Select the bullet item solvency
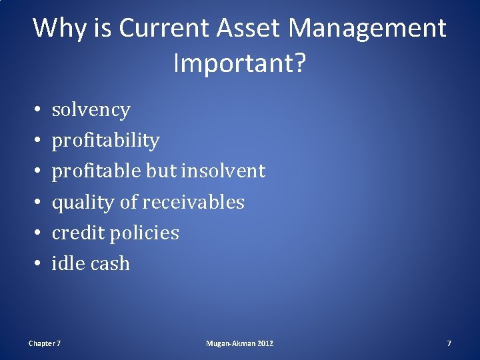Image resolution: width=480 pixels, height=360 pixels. tap(91, 110)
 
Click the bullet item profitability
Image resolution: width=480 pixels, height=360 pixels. tap(105, 141)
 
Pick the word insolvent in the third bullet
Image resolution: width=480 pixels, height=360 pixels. tap(223, 171)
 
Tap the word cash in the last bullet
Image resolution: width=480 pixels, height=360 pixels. tap(109, 263)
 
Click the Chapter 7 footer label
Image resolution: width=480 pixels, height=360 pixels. tap(45, 343)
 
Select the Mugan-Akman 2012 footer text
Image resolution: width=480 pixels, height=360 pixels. tap(239, 343)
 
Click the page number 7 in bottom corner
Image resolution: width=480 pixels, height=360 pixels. tap(449, 343)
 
